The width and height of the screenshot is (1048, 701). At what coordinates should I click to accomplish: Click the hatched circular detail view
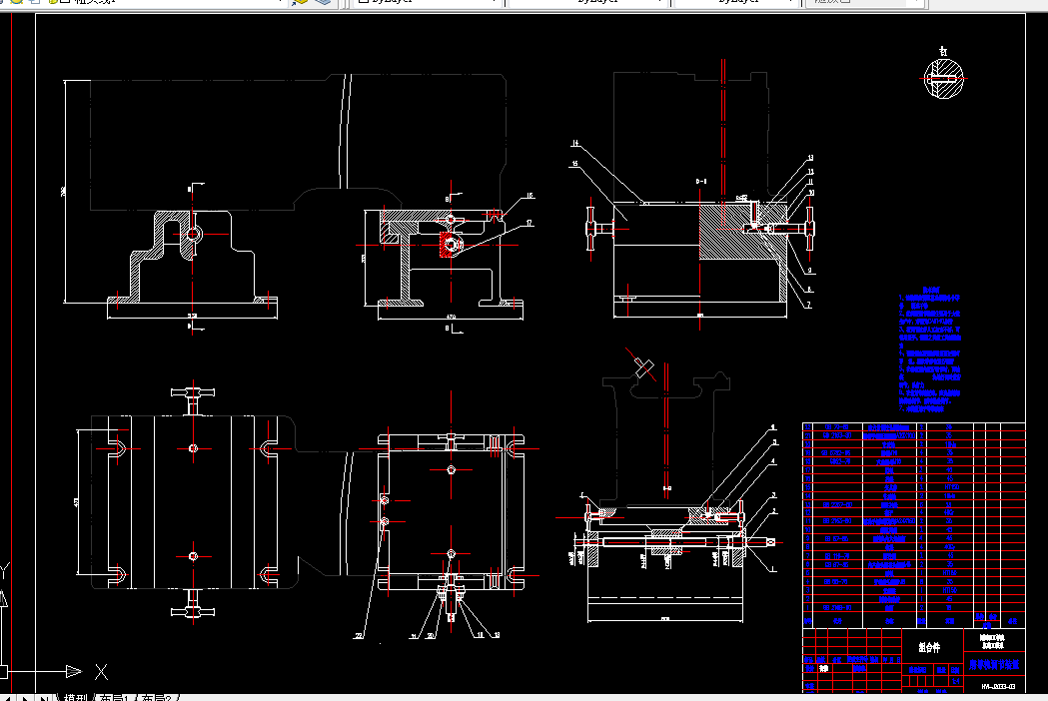[943, 77]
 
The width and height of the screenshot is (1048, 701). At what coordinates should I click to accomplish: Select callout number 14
[575, 143]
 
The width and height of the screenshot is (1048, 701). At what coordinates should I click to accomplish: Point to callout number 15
[575, 162]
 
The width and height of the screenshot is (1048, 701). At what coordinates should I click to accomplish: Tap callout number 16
[530, 196]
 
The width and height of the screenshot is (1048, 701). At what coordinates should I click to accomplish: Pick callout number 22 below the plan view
[359, 635]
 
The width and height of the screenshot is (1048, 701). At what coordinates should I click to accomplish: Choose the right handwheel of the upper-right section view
[808, 229]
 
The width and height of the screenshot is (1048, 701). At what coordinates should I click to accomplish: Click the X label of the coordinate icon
[101, 671]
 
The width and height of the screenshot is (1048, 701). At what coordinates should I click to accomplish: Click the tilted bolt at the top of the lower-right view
[642, 365]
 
